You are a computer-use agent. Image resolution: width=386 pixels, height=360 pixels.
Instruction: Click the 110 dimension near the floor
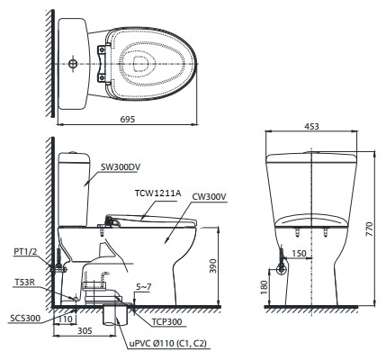(x=66, y=318)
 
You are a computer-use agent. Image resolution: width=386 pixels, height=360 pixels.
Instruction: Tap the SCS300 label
(x=23, y=317)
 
